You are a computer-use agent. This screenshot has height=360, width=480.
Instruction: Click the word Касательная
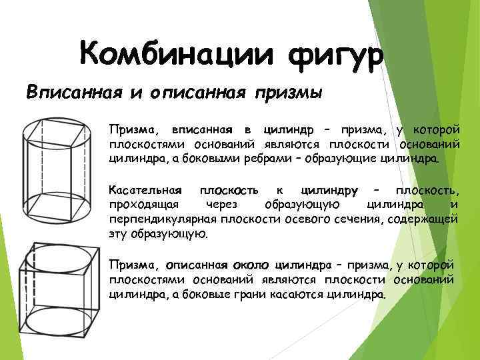(135, 192)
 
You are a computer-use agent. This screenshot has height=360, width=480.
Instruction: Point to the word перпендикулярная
(151, 219)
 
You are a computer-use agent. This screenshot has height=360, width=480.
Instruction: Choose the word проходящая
(136, 205)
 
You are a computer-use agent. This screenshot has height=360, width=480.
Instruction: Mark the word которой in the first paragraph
(433, 128)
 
